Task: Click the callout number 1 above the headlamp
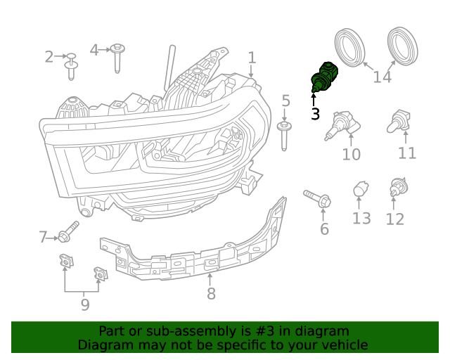tap(252, 58)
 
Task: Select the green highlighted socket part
tap(324, 77)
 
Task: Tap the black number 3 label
tap(315, 113)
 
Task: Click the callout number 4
tap(94, 50)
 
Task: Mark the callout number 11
tap(406, 153)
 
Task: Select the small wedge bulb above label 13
tap(360, 189)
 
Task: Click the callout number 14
tap(382, 75)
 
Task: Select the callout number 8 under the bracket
tap(211, 294)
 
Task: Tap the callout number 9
tap(84, 305)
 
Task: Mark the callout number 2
tap(49, 57)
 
